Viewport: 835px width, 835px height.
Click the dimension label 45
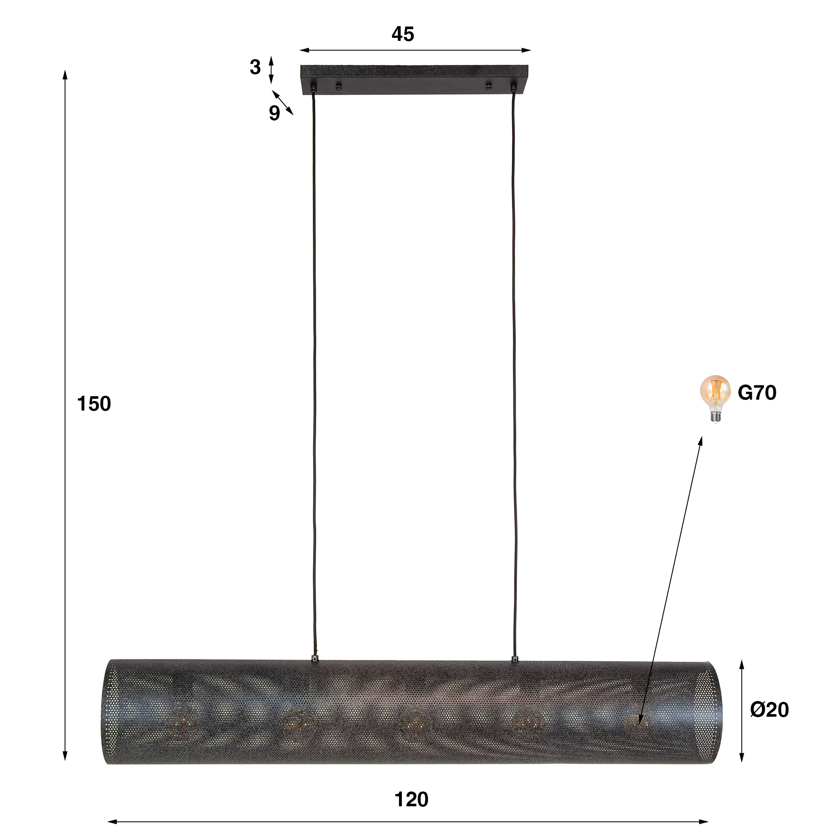point(403,34)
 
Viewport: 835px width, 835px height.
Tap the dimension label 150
point(94,404)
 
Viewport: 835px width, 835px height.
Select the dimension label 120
point(411,799)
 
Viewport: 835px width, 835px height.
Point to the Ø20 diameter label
point(769,709)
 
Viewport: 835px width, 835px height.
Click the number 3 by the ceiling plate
point(255,67)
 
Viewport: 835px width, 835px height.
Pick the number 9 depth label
point(274,113)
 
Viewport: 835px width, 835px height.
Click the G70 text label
point(757,393)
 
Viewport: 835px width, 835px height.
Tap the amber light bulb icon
point(715,397)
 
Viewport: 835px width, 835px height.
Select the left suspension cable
point(314,370)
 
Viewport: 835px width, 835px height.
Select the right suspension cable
point(514,370)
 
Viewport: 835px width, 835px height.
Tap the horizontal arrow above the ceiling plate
point(415,50)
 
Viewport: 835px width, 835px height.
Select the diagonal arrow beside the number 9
point(283,103)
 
